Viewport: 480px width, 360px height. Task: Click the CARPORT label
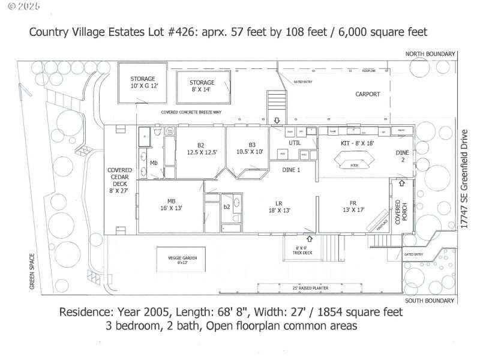tap(368, 94)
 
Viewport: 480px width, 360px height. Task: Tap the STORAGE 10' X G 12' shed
tap(143, 83)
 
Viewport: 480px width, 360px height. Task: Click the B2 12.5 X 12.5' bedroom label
tap(202, 149)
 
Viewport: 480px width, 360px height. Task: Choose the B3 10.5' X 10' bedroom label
tap(248, 149)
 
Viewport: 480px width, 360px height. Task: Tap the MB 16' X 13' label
tap(171, 205)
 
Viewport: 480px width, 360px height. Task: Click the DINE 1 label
tap(291, 170)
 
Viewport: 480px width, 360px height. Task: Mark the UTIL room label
tap(294, 143)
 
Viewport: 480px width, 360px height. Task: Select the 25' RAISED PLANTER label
tap(310, 287)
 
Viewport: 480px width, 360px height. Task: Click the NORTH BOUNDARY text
tap(430, 54)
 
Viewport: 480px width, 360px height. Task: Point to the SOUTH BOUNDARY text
tap(430, 300)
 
